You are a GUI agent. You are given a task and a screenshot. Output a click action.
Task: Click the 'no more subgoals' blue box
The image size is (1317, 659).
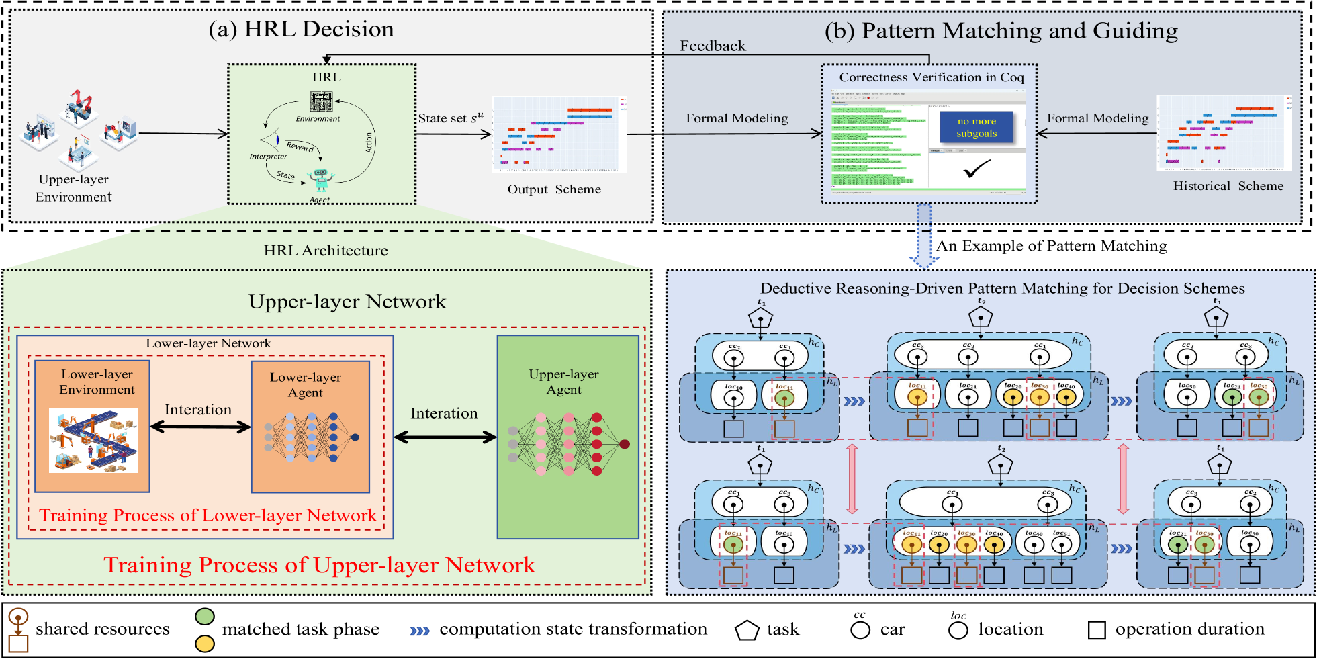click(976, 127)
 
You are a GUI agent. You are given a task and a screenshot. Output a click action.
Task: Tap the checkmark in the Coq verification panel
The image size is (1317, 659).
click(977, 169)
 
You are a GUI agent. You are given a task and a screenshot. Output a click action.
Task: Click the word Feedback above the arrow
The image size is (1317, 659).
click(713, 46)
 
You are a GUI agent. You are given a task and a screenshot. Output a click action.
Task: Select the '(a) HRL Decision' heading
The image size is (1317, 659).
click(301, 30)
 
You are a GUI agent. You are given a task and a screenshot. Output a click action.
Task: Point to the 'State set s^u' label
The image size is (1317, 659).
click(450, 118)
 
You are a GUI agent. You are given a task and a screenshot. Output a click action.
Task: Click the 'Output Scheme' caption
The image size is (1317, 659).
click(554, 189)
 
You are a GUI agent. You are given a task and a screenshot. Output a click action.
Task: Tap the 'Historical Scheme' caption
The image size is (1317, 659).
click(1228, 186)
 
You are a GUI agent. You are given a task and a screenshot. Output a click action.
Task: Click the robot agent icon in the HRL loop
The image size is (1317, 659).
click(320, 179)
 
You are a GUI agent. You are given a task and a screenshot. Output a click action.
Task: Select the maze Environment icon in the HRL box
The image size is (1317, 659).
click(321, 101)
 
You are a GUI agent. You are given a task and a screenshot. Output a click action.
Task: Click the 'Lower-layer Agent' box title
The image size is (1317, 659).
click(306, 385)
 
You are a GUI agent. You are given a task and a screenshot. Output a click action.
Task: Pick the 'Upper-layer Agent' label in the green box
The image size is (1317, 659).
click(563, 382)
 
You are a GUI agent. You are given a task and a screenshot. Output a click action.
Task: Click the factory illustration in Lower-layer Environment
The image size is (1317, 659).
click(93, 440)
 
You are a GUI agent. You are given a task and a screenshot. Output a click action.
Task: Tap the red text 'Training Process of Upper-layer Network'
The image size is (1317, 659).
click(320, 565)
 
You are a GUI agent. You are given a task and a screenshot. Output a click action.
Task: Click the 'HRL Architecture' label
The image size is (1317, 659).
click(326, 251)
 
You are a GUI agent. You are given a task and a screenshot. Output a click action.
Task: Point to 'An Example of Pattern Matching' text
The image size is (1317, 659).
click(1051, 246)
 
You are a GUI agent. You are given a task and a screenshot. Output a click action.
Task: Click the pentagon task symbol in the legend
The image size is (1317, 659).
click(746, 630)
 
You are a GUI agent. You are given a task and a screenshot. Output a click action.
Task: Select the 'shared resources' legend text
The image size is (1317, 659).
click(103, 629)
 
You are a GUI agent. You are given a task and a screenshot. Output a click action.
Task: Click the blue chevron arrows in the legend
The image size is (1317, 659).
click(420, 631)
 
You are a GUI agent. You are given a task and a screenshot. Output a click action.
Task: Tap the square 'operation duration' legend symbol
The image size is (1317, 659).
click(1097, 630)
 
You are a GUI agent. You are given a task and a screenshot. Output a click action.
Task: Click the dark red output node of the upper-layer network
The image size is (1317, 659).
click(625, 444)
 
